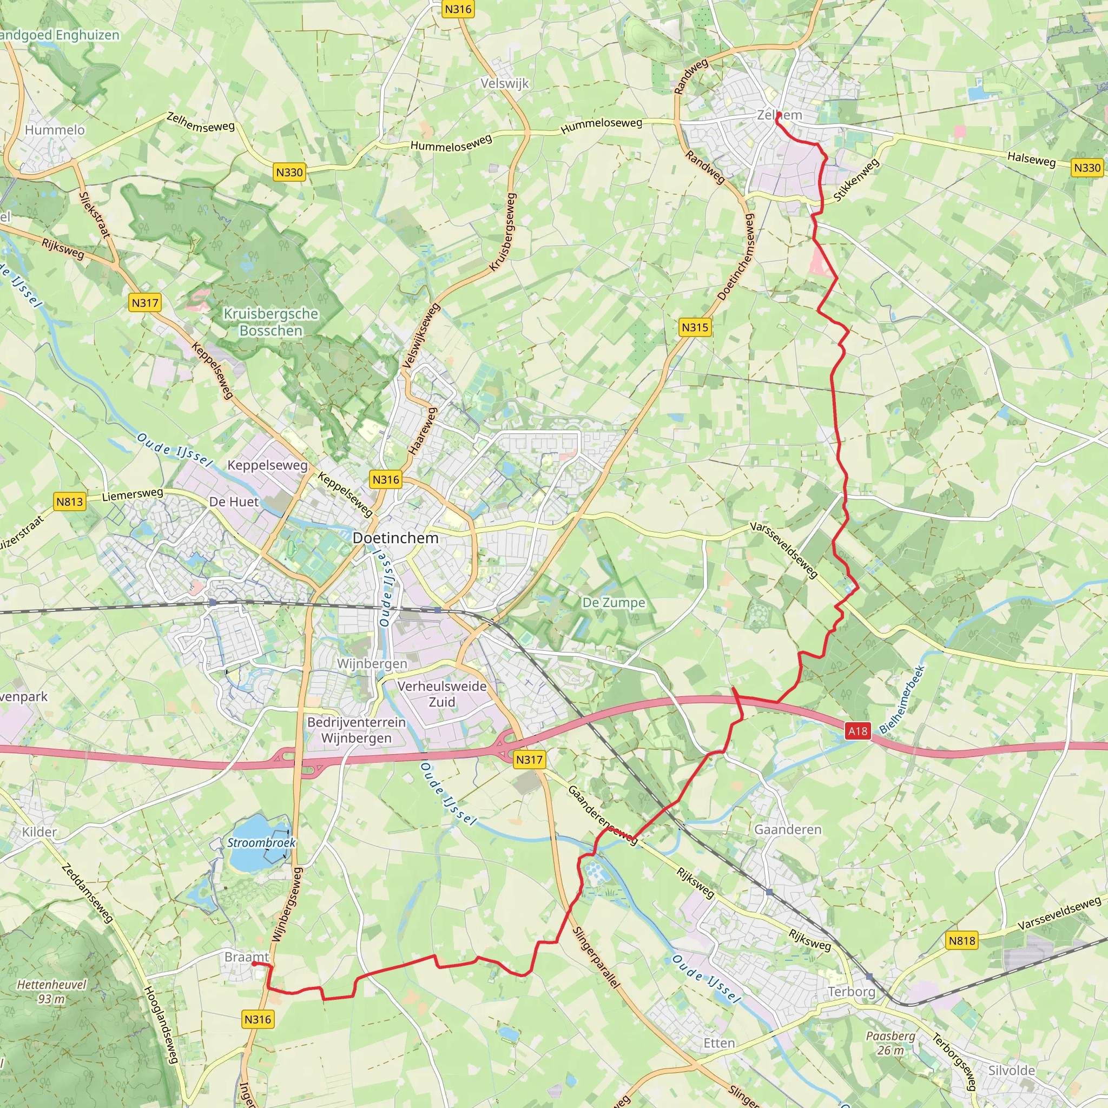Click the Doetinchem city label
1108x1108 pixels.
(x=395, y=538)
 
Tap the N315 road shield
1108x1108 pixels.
(x=695, y=327)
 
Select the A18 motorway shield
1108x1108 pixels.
(x=858, y=730)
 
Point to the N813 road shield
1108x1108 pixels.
(x=70, y=502)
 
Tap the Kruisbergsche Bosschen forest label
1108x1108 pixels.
(x=271, y=322)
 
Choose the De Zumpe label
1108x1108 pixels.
(x=614, y=603)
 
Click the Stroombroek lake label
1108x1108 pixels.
(x=261, y=842)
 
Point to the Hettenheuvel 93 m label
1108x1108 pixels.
(x=51, y=992)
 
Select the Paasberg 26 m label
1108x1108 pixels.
(x=891, y=1043)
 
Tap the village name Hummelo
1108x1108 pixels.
(x=55, y=130)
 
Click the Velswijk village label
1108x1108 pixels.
(x=505, y=84)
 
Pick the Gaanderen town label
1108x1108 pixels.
(x=788, y=829)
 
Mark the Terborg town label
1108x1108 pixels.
(x=852, y=992)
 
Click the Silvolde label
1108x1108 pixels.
(x=1012, y=1071)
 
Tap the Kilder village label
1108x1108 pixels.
(x=39, y=832)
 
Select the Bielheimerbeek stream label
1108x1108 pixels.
(x=903, y=700)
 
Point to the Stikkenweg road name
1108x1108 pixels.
(x=856, y=180)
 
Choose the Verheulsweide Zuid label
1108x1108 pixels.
(x=442, y=694)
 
